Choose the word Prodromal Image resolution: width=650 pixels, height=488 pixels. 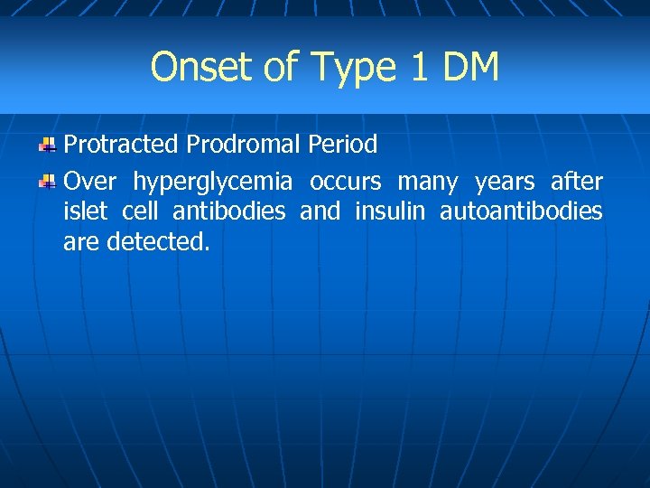pos(243,145)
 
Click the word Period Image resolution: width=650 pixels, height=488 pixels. pos(342,145)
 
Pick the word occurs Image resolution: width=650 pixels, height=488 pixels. pos(346,182)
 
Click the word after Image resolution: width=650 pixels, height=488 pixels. pos(576,182)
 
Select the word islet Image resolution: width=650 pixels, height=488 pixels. pos(86,211)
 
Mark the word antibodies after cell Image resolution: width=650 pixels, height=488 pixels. pos(228,211)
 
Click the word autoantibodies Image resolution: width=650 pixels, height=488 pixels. pos(521,211)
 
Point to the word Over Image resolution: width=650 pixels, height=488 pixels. pos(89,182)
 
